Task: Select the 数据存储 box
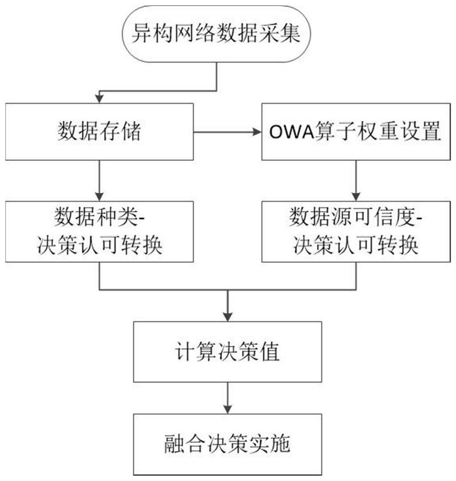(x=99, y=131)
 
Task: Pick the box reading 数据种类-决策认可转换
(x=99, y=231)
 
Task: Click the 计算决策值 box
(x=227, y=352)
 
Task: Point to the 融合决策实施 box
(x=227, y=444)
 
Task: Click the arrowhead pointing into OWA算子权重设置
(x=257, y=132)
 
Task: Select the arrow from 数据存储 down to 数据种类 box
(x=99, y=180)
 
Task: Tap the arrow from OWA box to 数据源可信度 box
(x=355, y=180)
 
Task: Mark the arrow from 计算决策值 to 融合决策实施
(x=227, y=397)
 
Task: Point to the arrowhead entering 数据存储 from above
(x=99, y=99)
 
